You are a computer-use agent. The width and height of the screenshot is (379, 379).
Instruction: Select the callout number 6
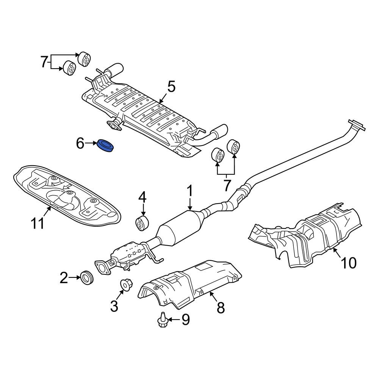[x=80, y=144]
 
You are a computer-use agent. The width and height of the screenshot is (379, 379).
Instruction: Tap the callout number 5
[x=171, y=87]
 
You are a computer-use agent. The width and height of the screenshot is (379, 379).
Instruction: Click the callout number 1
[x=190, y=191]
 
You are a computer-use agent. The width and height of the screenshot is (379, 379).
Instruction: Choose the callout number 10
[x=349, y=263]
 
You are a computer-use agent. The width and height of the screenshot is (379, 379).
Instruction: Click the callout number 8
[x=221, y=307]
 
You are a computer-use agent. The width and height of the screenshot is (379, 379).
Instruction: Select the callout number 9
[x=185, y=319]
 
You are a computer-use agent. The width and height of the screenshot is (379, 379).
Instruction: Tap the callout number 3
[x=114, y=306]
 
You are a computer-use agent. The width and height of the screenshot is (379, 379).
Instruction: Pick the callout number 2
[x=64, y=278]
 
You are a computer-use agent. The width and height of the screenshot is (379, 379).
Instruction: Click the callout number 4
[x=142, y=197]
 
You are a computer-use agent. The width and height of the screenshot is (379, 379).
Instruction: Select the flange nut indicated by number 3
[x=126, y=285]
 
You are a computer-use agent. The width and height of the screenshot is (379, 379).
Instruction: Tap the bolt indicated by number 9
[x=163, y=320]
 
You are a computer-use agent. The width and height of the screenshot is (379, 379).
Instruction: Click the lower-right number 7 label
[x=227, y=185]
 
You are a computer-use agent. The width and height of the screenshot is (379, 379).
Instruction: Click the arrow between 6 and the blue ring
[x=91, y=143]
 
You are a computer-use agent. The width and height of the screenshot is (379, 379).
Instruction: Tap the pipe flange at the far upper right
[x=357, y=125]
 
